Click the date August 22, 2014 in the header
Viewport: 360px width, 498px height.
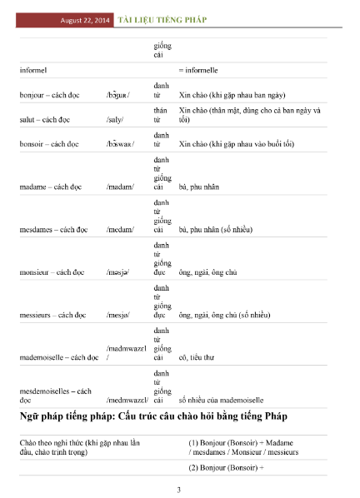87,19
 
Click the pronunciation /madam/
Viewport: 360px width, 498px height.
122,187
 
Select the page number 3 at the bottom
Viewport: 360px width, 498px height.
179,489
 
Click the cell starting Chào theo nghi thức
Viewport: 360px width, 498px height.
74,446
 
